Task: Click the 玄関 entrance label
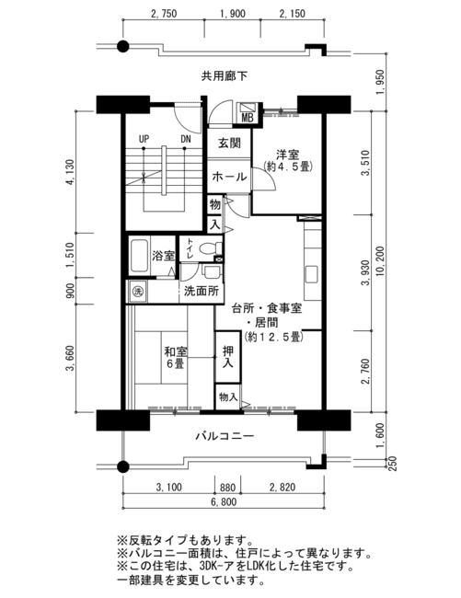point(229,144)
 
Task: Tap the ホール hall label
point(229,177)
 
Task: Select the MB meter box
point(248,113)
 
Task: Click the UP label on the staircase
point(144,139)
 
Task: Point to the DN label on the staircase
point(185,139)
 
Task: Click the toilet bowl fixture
point(207,248)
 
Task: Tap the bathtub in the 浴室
point(139,256)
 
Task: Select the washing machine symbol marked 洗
point(137,292)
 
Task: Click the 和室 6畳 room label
point(175,357)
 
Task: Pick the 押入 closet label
point(227,357)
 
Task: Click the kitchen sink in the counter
point(311,274)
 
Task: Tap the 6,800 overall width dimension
point(224,502)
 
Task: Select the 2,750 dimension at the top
point(164,14)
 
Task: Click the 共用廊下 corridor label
point(225,76)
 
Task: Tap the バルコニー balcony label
point(225,436)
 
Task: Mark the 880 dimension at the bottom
point(228,488)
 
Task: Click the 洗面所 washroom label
point(202,291)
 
